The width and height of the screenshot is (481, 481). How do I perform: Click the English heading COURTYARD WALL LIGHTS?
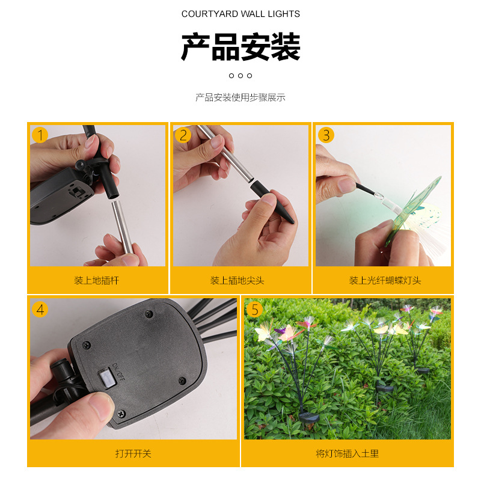(240, 14)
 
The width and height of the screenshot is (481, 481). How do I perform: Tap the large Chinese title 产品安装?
(240, 47)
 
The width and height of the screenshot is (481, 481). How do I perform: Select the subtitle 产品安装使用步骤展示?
(240, 97)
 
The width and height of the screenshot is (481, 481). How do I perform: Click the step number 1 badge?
(40, 135)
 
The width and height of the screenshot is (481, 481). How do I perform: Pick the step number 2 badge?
(183, 135)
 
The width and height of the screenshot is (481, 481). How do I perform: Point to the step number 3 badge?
(326, 135)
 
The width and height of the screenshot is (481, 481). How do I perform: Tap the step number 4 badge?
(40, 309)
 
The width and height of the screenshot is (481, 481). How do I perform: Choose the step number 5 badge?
(254, 309)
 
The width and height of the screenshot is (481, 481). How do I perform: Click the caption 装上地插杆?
(96, 280)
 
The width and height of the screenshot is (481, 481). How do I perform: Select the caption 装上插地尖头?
(237, 280)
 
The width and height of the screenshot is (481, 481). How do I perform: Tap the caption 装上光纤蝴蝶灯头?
(385, 280)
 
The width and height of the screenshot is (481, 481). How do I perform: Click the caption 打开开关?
(133, 453)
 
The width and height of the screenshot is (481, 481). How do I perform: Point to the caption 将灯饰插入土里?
(348, 453)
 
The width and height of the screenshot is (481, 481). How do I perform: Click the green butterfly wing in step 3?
(412, 209)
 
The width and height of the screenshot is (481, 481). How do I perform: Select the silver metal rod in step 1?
(122, 227)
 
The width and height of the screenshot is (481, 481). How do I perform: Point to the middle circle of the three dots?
(240, 76)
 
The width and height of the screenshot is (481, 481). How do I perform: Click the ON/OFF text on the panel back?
(118, 372)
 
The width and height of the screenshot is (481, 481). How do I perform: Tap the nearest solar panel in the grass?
(309, 417)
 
